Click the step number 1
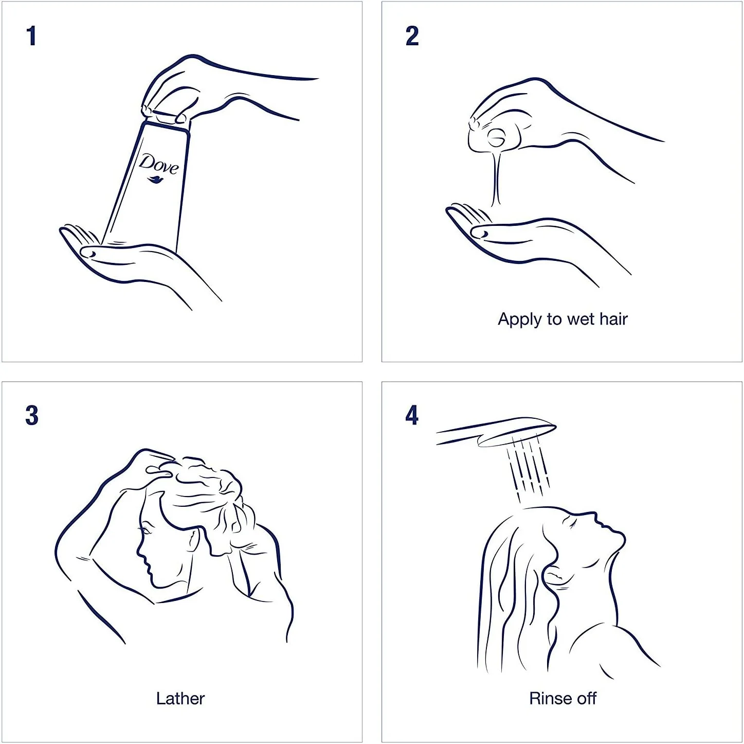[x=32, y=36]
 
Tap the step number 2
[x=412, y=36]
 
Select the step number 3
[x=32, y=416]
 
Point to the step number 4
[x=412, y=416]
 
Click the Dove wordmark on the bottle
[x=159, y=164]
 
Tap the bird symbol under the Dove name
[x=156, y=180]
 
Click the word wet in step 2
[x=580, y=320]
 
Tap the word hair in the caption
[x=613, y=319]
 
